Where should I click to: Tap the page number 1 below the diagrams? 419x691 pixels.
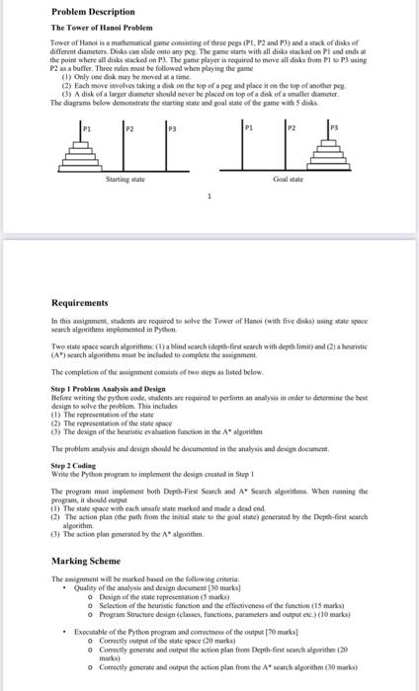click(209, 196)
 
